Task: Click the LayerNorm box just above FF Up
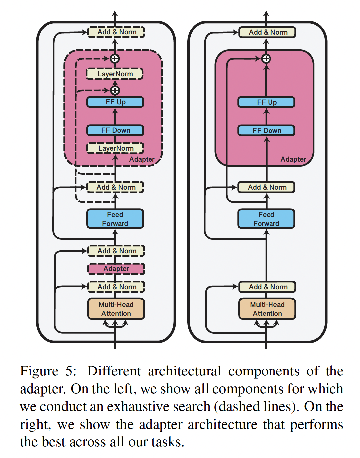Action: (x=115, y=74)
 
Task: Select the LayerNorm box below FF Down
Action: (x=115, y=148)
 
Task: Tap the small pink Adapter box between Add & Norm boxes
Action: (x=116, y=269)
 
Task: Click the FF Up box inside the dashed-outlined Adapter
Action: (x=115, y=102)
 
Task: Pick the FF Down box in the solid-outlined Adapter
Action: (x=266, y=130)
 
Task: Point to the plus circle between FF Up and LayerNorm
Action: (x=115, y=90)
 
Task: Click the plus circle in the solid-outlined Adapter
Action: (x=266, y=59)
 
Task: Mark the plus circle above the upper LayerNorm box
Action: (x=115, y=59)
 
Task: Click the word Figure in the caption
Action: (x=39, y=371)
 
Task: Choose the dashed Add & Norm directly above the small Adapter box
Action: (x=116, y=251)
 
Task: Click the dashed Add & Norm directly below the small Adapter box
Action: (x=116, y=287)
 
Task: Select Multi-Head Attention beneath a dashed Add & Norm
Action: (x=116, y=309)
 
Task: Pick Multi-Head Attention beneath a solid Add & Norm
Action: (x=267, y=309)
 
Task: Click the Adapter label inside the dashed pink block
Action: (x=142, y=159)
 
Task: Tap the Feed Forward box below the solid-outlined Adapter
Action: (x=266, y=219)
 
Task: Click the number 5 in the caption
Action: (x=70, y=371)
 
